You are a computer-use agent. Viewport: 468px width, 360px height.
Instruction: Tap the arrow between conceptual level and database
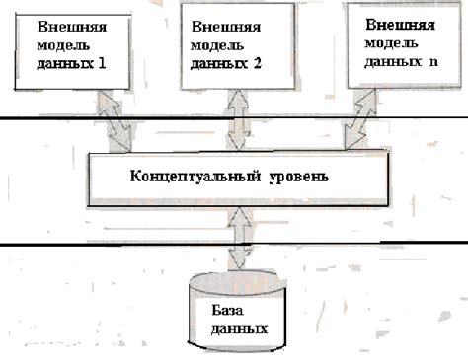(237, 238)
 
